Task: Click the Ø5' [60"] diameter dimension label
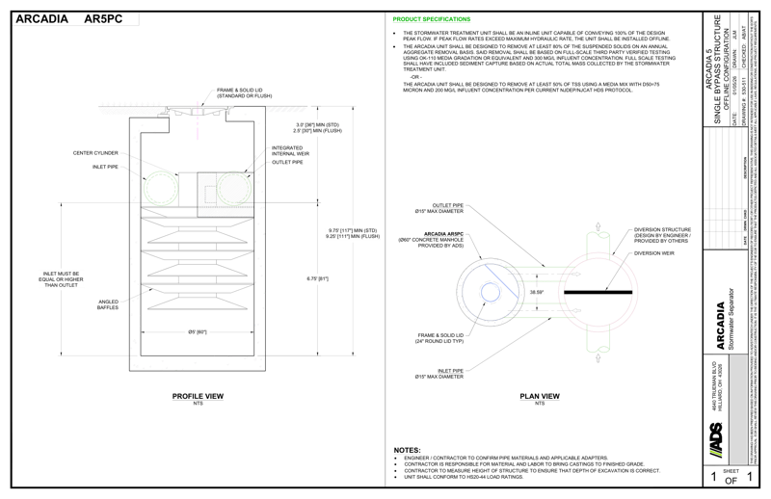pos(196,331)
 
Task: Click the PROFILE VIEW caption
pos(197,396)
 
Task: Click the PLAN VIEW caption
pos(533,396)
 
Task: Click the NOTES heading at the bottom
pos(408,450)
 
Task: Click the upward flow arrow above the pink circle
pos(601,229)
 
